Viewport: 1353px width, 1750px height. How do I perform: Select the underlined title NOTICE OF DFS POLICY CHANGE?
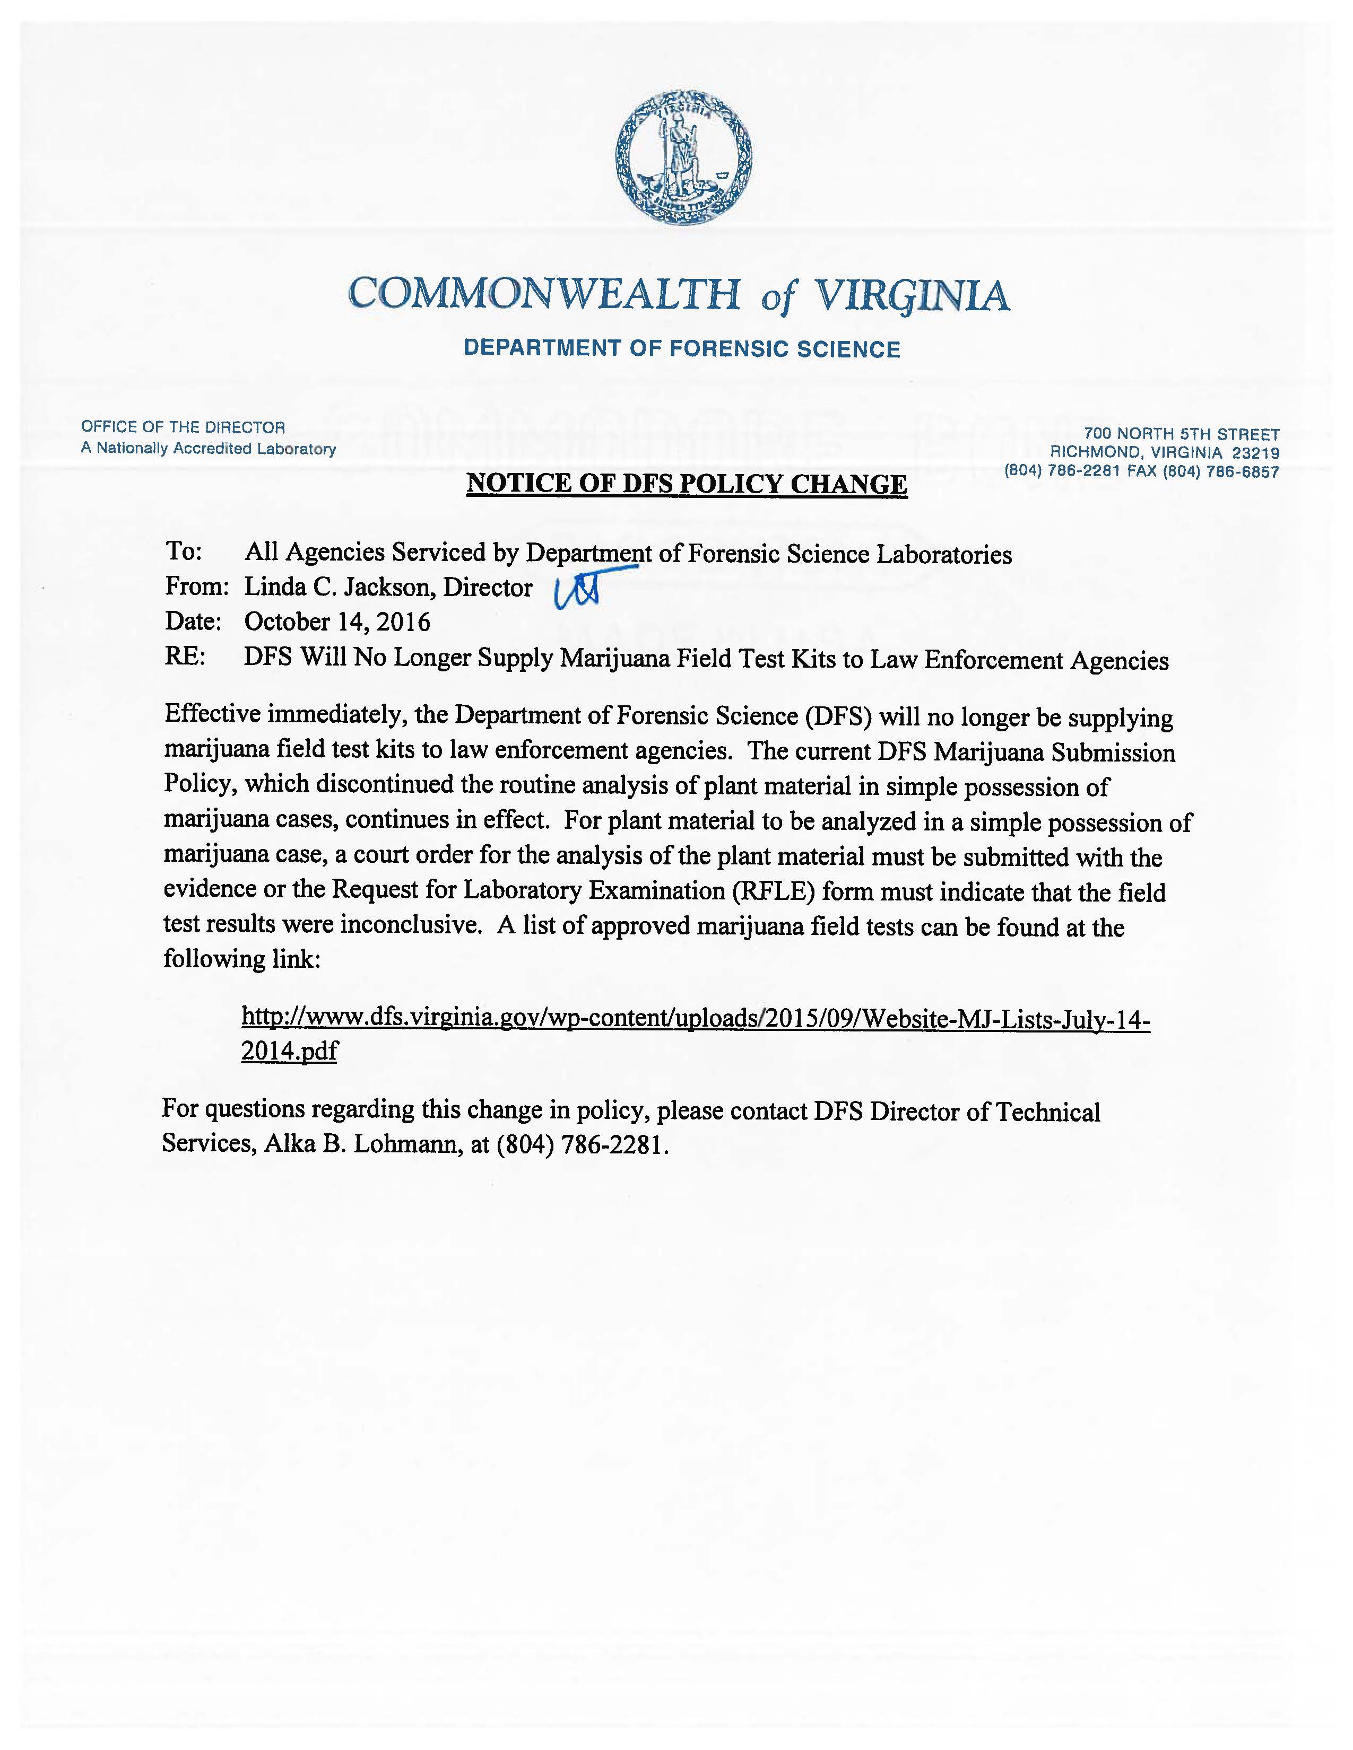tap(687, 484)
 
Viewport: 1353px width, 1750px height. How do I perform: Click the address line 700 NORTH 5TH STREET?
tap(1182, 434)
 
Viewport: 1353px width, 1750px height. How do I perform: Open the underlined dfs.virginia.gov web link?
tap(695, 1019)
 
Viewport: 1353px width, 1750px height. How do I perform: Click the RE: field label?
tap(184, 658)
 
